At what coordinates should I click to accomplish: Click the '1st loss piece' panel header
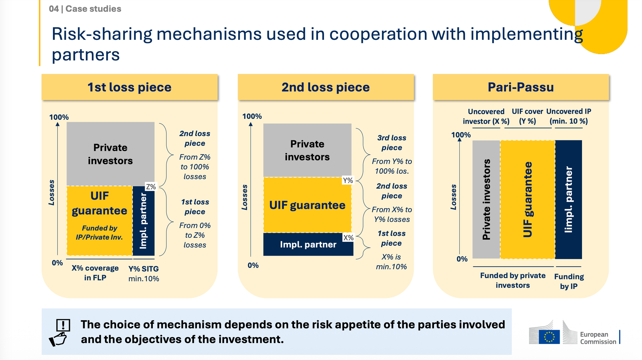pyautogui.click(x=129, y=87)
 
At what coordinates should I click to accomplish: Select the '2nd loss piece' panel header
pyautogui.click(x=325, y=87)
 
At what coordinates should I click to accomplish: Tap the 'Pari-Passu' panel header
pyautogui.click(x=521, y=87)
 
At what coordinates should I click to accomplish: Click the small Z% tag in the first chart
pyautogui.click(x=151, y=187)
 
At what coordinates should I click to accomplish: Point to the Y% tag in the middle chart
pyautogui.click(x=348, y=180)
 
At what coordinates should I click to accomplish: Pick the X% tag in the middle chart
pyautogui.click(x=348, y=238)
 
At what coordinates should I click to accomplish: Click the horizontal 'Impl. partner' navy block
pyautogui.click(x=308, y=244)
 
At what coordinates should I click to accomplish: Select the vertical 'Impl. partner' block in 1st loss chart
pyautogui.click(x=143, y=221)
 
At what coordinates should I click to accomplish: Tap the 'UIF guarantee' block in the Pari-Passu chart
pyautogui.click(x=527, y=199)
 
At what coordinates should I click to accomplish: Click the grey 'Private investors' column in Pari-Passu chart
pyautogui.click(x=486, y=199)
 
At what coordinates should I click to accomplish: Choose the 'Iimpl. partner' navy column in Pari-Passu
pyautogui.click(x=568, y=199)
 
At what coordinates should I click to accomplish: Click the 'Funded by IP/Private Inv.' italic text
pyautogui.click(x=99, y=233)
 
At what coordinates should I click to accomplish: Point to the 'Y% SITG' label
pyautogui.click(x=143, y=269)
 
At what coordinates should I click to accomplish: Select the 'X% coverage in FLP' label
pyautogui.click(x=95, y=273)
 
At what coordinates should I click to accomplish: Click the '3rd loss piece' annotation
pyautogui.click(x=392, y=143)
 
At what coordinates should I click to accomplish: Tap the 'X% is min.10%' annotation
pyautogui.click(x=391, y=262)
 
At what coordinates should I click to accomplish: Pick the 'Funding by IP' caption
pyautogui.click(x=569, y=281)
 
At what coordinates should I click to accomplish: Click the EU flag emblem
pyautogui.click(x=549, y=337)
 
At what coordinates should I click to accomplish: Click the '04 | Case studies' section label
pyautogui.click(x=85, y=9)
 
